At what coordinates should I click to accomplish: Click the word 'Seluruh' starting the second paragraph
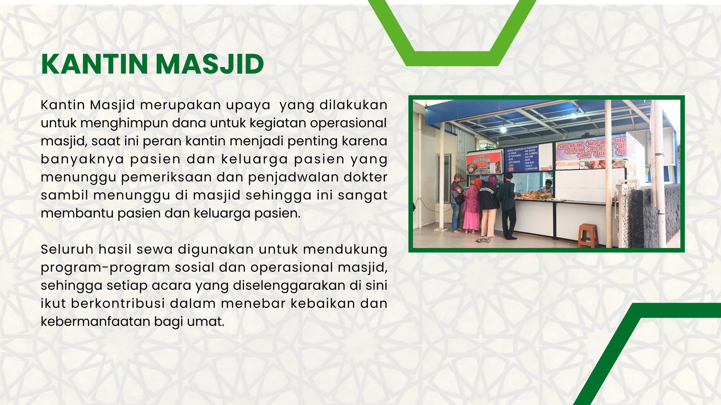tap(67, 249)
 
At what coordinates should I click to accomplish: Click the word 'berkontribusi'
tap(118, 303)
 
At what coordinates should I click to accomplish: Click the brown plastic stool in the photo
tap(588, 235)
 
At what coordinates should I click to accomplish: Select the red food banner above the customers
tap(484, 162)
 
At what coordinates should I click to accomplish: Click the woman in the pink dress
tap(471, 207)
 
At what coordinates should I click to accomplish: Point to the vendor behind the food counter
tap(547, 186)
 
